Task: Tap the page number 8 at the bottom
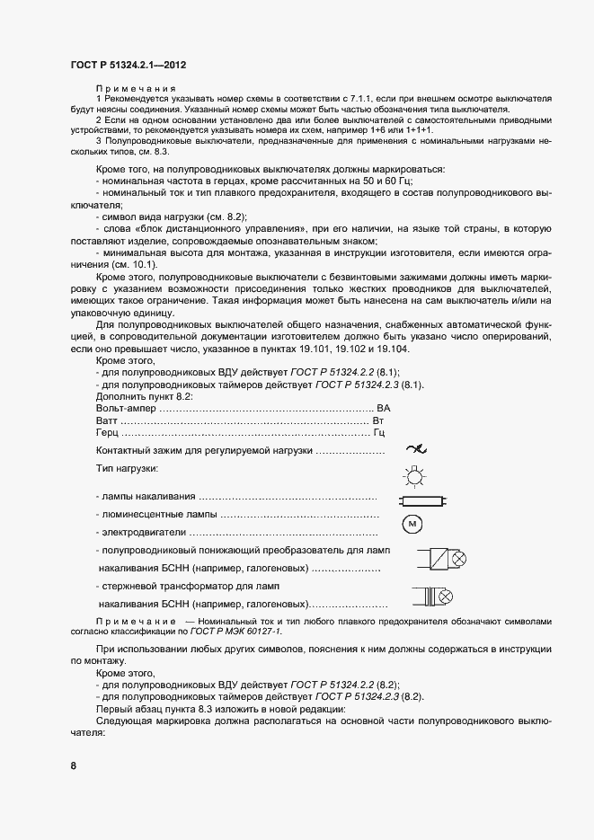coord(74,765)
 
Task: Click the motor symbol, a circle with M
coord(412,523)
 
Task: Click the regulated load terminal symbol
coord(415,449)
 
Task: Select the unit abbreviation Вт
coord(377,420)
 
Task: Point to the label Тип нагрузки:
coord(127,469)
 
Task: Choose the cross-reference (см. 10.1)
coord(134,264)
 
